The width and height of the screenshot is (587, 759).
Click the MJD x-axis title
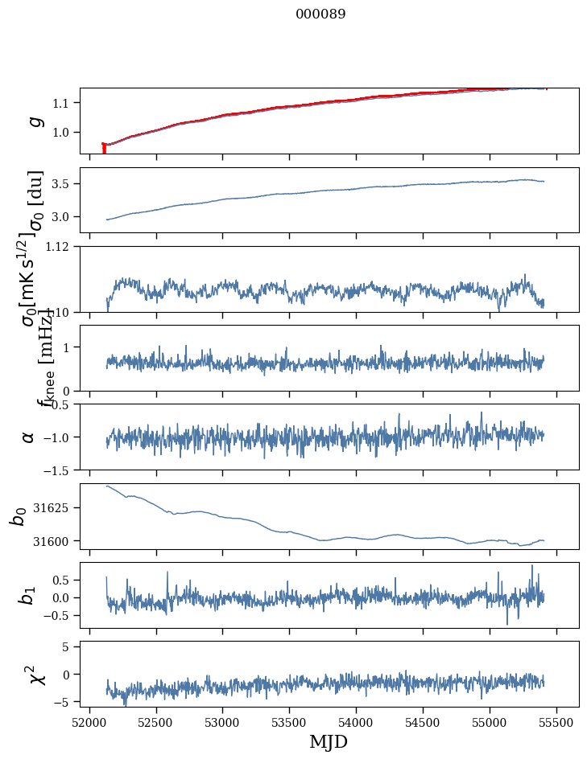(329, 741)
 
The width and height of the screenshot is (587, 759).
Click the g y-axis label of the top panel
(34, 121)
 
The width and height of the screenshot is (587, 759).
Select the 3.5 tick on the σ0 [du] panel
(65, 184)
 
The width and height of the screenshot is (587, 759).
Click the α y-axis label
(29, 436)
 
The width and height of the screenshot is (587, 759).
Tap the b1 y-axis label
(27, 595)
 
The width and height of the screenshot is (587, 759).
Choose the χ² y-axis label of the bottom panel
(38, 674)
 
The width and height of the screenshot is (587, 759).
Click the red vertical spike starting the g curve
(104, 149)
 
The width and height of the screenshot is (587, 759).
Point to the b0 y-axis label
(18, 516)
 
